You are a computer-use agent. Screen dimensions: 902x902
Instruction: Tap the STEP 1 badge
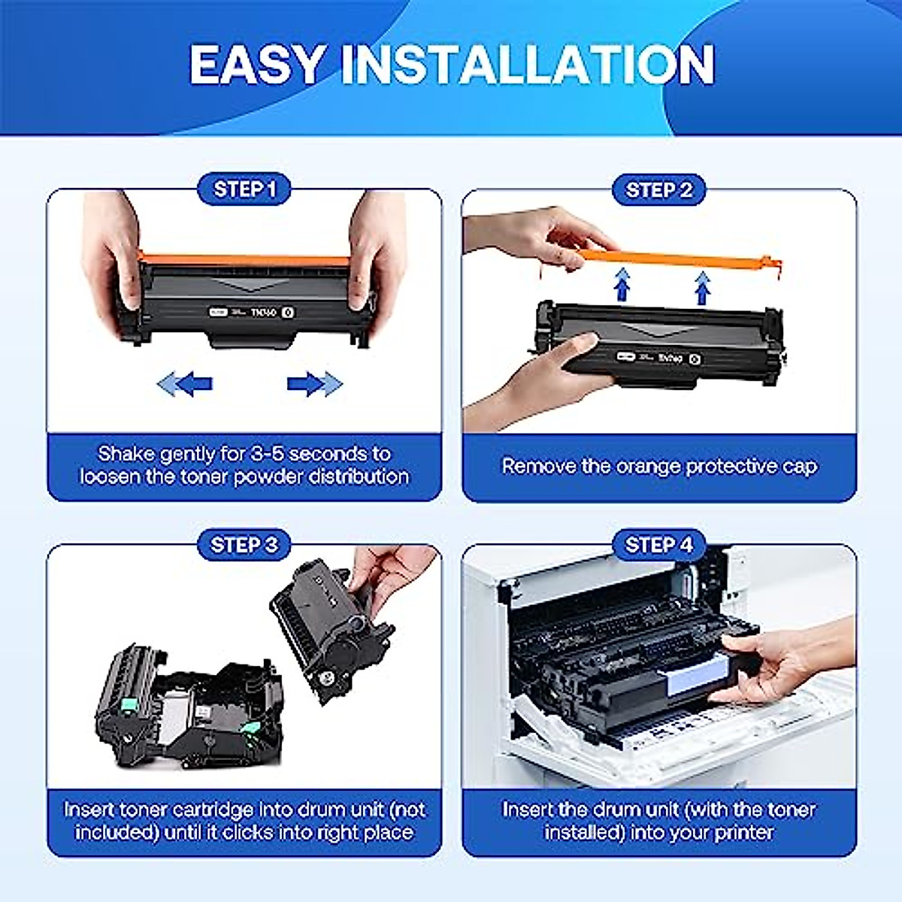[x=245, y=189]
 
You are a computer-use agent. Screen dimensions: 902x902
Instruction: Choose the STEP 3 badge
[x=244, y=544]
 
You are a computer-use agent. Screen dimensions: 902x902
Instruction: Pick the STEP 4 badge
[x=659, y=544]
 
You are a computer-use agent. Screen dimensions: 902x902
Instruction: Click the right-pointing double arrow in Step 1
[x=313, y=384]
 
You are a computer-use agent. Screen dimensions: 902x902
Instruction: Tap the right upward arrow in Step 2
[x=702, y=287]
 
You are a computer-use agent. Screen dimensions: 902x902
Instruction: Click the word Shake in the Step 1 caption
[x=126, y=454]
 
